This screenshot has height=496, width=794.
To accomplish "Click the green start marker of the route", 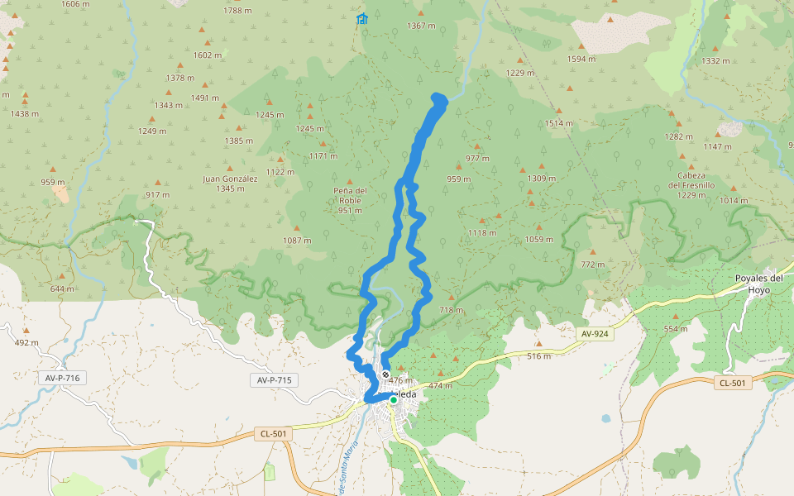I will point(394,400).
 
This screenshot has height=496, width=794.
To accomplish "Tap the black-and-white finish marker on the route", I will point(385,374).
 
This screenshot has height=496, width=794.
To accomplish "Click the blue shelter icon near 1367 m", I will point(361,19).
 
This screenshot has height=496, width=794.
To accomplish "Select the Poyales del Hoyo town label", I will point(758,284).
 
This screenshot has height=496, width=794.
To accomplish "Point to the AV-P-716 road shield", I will point(61,378).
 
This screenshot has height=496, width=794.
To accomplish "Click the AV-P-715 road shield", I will point(273,380).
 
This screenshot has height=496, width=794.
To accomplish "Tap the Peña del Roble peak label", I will point(349,200).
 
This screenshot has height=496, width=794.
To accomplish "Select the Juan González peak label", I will point(230,183).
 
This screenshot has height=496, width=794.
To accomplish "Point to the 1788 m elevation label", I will point(237,11).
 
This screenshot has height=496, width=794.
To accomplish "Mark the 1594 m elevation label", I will point(581,59).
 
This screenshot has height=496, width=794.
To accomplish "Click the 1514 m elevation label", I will point(558,123).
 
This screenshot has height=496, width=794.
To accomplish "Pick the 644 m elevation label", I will point(62,289).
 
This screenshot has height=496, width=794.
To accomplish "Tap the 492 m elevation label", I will point(26,342).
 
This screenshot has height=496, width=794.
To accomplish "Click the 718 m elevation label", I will point(451,310).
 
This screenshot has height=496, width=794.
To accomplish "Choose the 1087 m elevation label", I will point(297,241).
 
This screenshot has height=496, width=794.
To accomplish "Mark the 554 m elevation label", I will point(676,328).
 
